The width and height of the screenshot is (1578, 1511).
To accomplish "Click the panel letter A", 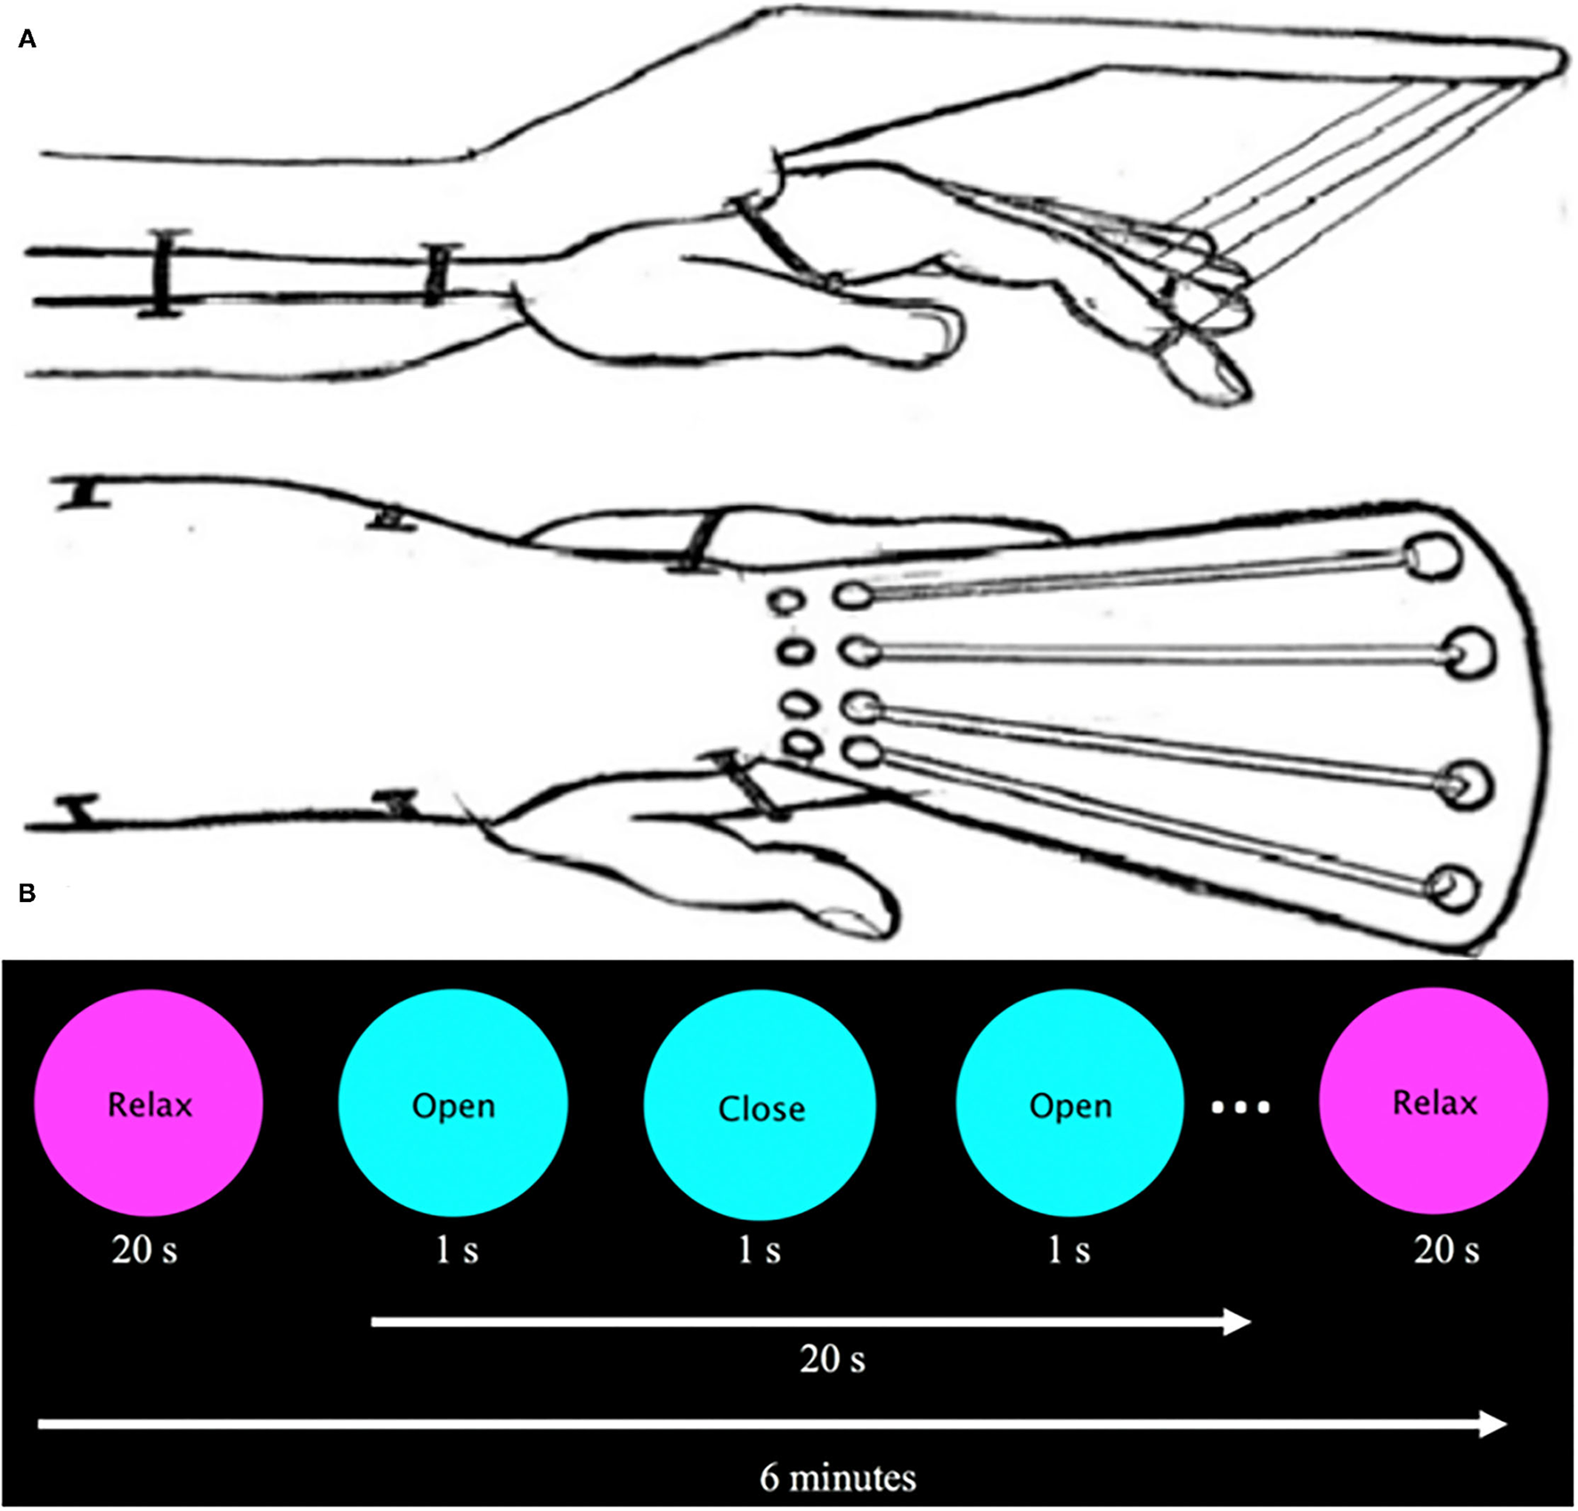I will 28,39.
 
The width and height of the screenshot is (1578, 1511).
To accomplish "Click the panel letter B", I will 28,893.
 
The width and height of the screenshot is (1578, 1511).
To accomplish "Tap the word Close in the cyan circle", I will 761,1109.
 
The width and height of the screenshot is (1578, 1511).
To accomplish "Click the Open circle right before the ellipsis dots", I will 1070,1104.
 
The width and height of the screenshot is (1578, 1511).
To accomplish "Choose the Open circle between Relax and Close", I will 453,1104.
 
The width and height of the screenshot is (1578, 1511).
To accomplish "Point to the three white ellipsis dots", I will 1240,1108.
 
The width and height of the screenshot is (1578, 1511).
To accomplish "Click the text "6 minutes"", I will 837,1478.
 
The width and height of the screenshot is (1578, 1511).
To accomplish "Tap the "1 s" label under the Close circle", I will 759,1250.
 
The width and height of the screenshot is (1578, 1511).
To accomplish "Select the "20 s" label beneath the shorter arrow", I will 832,1359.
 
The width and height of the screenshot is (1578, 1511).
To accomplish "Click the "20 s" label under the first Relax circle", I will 144,1250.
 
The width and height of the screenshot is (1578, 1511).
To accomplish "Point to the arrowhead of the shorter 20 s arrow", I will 1238,1322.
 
